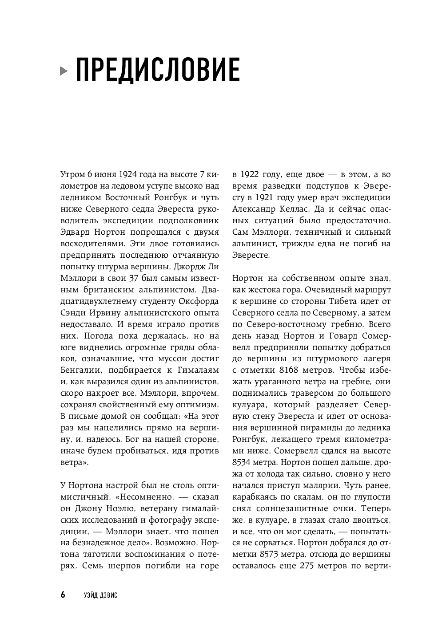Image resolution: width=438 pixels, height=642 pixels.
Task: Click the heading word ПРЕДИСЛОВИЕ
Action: click(x=158, y=70)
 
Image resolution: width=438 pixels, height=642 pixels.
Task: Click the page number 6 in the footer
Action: click(x=63, y=595)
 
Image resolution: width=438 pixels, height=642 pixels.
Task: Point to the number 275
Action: click(x=309, y=567)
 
